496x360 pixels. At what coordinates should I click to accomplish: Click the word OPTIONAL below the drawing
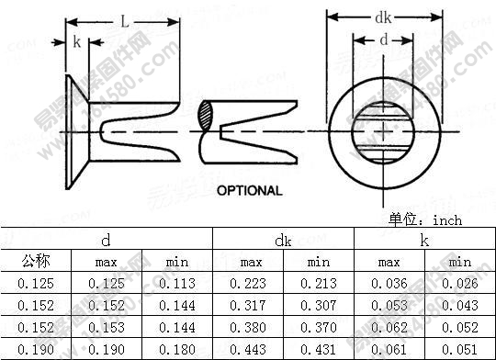[x=249, y=190]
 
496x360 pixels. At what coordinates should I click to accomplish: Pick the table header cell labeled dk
[x=284, y=241]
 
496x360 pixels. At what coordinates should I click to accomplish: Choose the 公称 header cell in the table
[x=36, y=263]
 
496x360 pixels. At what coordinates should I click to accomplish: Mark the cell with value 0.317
[x=251, y=305]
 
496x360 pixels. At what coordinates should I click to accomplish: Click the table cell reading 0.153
[x=107, y=326]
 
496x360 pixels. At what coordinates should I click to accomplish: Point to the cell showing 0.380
[x=251, y=326]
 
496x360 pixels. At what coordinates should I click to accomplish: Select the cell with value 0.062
[x=389, y=326]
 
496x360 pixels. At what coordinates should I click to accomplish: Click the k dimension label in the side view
[x=76, y=42]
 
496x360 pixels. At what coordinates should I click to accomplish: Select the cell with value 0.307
[x=318, y=305]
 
